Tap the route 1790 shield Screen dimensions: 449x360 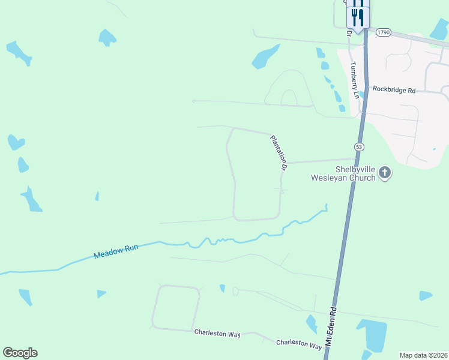tap(384, 32)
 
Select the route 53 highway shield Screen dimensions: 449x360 tap(359, 146)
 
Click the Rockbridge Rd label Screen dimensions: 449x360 tap(394, 89)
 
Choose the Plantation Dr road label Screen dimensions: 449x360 tap(279, 151)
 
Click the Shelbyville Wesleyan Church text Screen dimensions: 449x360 tap(343, 173)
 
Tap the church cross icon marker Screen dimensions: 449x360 tap(384, 173)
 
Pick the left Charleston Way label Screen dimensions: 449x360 tap(217, 332)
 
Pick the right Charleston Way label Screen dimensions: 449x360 tap(299, 344)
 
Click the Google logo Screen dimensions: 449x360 tap(20, 353)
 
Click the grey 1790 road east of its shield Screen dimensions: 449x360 tap(420, 40)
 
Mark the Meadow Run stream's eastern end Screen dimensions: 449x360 tap(326, 207)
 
